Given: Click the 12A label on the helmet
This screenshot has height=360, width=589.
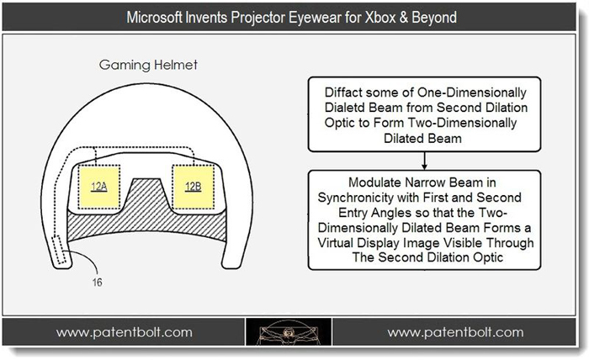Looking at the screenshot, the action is [x=99, y=186].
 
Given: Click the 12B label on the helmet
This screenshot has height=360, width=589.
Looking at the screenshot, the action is [x=193, y=186].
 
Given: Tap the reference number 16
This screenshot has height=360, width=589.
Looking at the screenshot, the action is [x=97, y=283].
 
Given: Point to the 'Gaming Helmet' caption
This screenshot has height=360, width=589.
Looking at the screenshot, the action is [x=148, y=65].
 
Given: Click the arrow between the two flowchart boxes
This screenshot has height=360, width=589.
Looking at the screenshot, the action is [x=424, y=161].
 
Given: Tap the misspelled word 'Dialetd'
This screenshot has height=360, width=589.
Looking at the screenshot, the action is [x=344, y=108].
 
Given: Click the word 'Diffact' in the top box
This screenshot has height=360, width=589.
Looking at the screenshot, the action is [x=343, y=93].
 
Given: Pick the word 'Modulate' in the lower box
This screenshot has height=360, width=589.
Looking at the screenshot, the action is [x=374, y=183].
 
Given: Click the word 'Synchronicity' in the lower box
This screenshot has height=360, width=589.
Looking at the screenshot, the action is [x=355, y=198].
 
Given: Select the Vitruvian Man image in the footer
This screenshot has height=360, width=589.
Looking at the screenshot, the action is [x=289, y=332].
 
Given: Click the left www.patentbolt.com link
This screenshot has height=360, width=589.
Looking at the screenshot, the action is [x=125, y=332].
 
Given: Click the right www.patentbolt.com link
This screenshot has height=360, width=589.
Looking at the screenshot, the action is [x=456, y=332].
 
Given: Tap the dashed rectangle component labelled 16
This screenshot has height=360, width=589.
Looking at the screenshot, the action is [x=59, y=250].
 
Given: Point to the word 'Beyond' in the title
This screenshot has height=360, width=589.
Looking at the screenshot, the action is [x=434, y=18].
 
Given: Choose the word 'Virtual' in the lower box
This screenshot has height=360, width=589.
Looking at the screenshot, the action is [x=336, y=242].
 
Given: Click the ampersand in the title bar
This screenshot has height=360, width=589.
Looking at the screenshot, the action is [x=404, y=18].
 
